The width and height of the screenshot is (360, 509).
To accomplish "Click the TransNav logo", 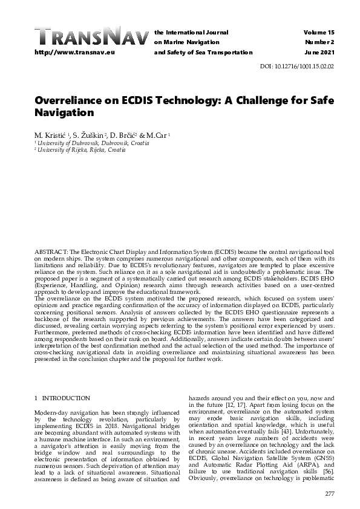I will [91, 37].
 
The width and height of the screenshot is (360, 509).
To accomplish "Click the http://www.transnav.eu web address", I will [68, 53].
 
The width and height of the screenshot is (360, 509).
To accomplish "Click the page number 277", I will [329, 494].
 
